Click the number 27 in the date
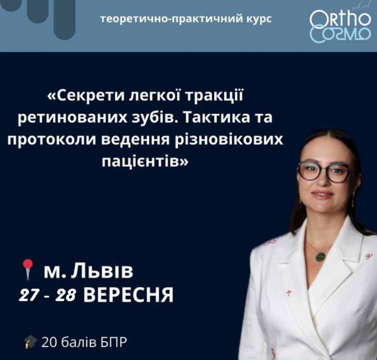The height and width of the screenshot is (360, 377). pos(28,295)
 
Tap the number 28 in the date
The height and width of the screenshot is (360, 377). pos(66,295)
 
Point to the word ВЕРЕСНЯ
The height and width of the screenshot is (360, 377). pos(129,295)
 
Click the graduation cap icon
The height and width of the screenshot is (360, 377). pos(31,342)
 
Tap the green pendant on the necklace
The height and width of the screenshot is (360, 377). pos(320,257)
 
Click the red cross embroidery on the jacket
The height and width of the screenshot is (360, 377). pos(289,293)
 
